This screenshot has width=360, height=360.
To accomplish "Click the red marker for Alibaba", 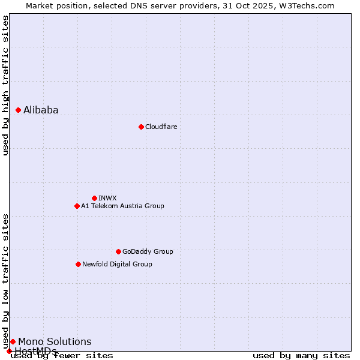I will tap(19, 110).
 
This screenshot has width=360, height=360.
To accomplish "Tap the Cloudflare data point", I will tap(141, 127).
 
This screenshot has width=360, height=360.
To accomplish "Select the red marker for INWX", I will tap(94, 198).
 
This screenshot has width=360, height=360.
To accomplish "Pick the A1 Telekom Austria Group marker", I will tap(77, 206).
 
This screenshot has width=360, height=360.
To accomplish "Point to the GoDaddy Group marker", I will tap(118, 251).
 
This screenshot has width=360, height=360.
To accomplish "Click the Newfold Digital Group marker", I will tap(78, 264).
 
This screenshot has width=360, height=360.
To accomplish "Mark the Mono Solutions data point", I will tap(13, 341).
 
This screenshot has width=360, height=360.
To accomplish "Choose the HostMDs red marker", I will tap(9, 351).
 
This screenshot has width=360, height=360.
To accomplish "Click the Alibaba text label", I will tap(41, 110).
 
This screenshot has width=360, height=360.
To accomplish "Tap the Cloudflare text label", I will tap(161, 127).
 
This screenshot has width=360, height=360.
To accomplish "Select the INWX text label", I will tap(107, 198).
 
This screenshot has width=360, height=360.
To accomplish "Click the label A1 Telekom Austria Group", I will tap(122, 206).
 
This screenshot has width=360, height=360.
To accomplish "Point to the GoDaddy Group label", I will tap(148, 251).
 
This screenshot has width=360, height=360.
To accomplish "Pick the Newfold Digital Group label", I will tap(117, 264).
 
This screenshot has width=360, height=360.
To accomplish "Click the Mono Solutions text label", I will tap(55, 341).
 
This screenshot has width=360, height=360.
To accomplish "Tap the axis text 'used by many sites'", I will tap(301, 356).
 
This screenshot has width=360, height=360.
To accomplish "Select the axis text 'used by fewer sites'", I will tap(62, 356).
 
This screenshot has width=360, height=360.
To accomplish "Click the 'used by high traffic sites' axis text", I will tap(5, 85).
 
